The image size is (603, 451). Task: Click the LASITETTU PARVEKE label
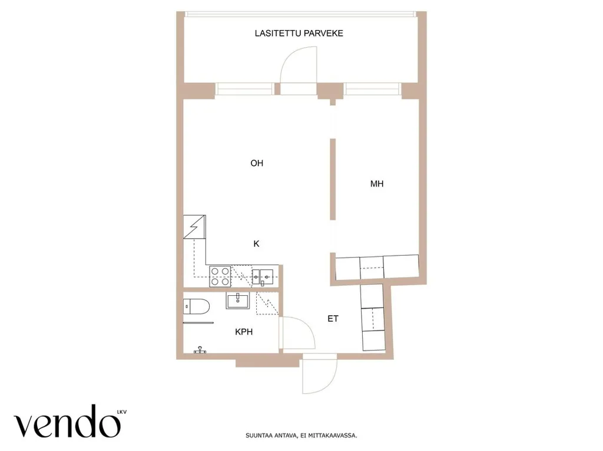(x=299, y=34)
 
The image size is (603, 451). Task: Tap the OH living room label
(x=257, y=163)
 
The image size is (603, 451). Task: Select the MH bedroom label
(x=377, y=184)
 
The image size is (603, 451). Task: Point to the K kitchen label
(x=257, y=243)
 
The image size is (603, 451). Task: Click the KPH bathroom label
(x=244, y=332)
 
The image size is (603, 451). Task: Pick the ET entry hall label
(x=333, y=319)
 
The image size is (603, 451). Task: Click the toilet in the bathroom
(x=196, y=306)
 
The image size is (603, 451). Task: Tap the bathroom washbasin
(x=238, y=300)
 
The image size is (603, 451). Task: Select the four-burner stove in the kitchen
(x=220, y=276)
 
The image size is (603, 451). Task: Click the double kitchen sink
(x=263, y=276)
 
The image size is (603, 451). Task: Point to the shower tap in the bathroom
(x=200, y=350)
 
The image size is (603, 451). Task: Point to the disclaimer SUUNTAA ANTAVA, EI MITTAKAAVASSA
(x=301, y=436)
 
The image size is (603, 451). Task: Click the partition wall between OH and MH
(x=333, y=179)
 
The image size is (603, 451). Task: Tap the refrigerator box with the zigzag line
(x=194, y=227)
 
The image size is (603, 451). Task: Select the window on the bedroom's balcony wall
(x=372, y=89)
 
